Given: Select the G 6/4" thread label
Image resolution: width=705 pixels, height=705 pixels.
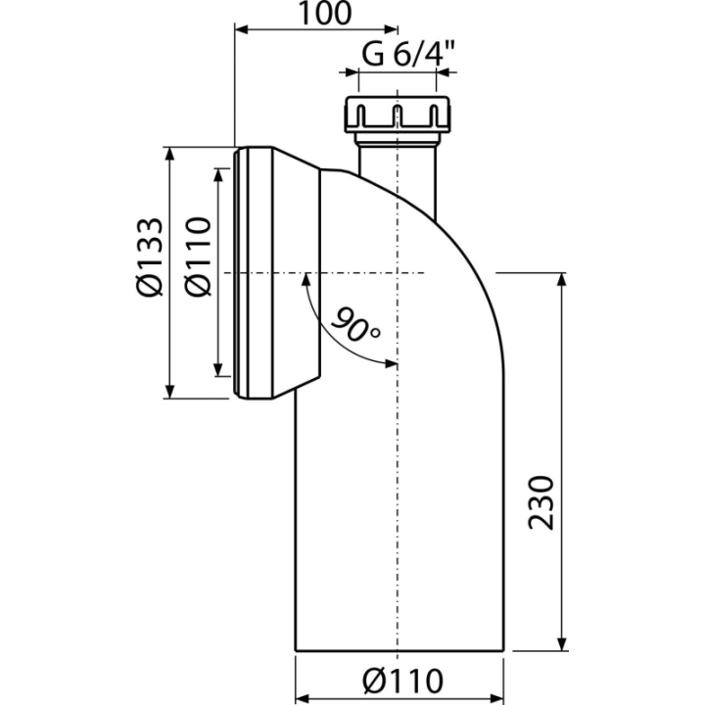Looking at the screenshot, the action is (408, 55).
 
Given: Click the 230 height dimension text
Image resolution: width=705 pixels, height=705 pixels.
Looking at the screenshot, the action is (540, 502).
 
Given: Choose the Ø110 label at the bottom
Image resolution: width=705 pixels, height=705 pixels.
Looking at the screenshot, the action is (402, 681).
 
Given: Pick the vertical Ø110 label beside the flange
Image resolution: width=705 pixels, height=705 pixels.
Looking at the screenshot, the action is (198, 257).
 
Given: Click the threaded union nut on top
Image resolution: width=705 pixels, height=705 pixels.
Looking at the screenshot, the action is (397, 115).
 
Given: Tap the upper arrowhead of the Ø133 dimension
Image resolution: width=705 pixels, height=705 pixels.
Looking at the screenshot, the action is (169, 154).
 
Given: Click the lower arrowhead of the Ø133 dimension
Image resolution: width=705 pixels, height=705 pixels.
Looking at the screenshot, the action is (169, 391).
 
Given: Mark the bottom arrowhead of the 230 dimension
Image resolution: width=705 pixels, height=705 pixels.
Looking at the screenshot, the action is (561, 643).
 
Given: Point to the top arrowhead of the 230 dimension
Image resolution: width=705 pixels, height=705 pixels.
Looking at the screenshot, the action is (561, 280).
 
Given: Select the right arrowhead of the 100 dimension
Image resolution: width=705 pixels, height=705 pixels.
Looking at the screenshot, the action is (391, 29).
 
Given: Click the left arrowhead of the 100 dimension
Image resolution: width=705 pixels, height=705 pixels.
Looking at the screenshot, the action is (242, 29).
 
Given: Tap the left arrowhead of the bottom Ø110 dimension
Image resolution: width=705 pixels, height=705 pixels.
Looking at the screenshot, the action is (303, 699).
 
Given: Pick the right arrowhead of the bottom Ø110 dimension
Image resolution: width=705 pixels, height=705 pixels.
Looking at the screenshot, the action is (496, 699).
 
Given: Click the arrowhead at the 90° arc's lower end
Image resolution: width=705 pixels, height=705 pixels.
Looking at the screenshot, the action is (390, 363).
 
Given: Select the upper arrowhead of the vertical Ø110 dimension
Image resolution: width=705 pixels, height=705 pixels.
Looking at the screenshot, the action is (218, 175).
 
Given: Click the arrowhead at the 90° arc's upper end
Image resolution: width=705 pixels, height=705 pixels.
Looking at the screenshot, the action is (306, 280).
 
